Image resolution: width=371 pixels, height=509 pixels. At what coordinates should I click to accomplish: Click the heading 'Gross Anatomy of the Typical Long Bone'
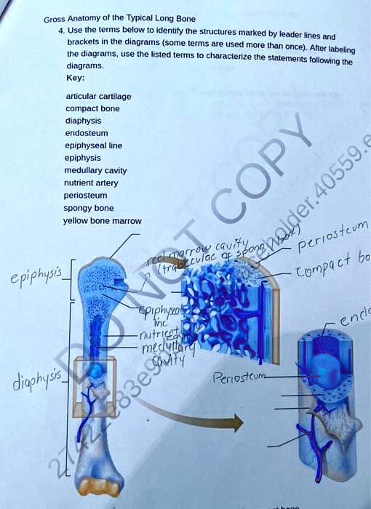(x=119, y=18)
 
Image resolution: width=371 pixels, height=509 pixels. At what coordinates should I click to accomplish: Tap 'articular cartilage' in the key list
(x=98, y=96)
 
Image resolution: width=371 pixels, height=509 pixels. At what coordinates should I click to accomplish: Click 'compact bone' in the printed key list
(x=92, y=108)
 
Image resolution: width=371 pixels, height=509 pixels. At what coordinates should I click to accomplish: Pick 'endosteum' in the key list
(x=87, y=133)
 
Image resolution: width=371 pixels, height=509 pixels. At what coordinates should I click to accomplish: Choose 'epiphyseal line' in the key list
(x=93, y=145)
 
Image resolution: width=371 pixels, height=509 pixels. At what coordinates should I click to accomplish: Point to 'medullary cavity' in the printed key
(x=96, y=170)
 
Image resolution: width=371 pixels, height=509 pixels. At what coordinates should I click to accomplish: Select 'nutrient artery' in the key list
(x=92, y=183)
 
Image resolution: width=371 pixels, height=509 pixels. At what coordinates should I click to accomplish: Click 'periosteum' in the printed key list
(x=86, y=196)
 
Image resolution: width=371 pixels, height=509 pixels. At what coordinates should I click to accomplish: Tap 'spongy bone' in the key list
(x=89, y=208)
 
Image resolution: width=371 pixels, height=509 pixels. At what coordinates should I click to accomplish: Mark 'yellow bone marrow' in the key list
(x=103, y=220)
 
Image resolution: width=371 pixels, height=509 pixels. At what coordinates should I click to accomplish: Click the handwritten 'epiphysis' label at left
(x=31, y=277)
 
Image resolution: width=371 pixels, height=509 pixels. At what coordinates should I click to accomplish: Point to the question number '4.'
(x=63, y=31)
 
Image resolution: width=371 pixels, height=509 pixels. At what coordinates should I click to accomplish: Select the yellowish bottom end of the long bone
(x=100, y=486)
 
